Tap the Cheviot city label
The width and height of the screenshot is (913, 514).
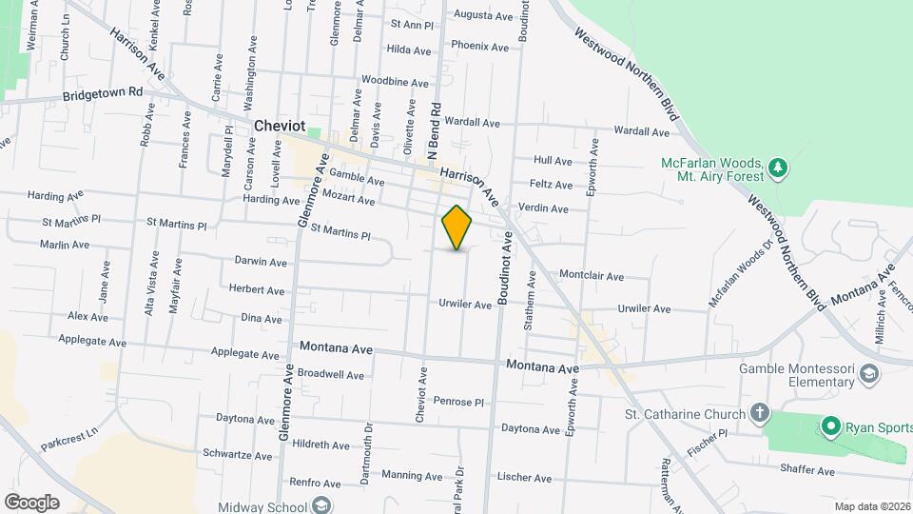click(x=282, y=126)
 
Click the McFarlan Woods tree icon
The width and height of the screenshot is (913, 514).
click(x=779, y=168)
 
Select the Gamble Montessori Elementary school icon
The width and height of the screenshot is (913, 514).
click(x=867, y=375)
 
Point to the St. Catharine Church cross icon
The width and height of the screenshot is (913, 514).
click(x=759, y=413)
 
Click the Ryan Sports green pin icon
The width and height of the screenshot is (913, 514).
click(x=830, y=426)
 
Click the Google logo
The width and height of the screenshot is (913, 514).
click(x=31, y=503)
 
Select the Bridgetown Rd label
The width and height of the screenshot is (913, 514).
click(x=103, y=94)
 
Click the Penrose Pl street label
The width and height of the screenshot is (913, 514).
click(x=460, y=402)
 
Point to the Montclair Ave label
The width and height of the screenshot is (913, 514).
click(x=591, y=276)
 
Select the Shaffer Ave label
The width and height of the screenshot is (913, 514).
click(x=806, y=470)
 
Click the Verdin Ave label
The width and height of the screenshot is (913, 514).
click(x=543, y=208)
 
